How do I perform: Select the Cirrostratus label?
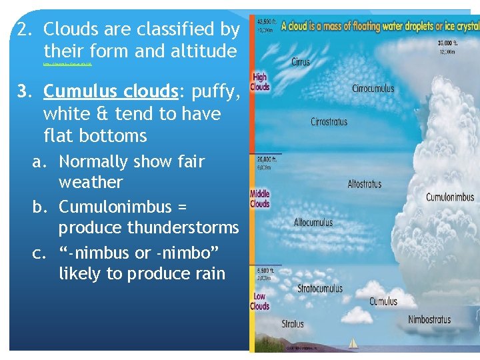click(338, 122)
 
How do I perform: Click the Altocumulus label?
click(313, 221)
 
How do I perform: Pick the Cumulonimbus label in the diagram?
click(450, 197)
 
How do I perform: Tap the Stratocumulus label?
click(321, 288)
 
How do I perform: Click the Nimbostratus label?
click(429, 319)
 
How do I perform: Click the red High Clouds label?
click(259, 82)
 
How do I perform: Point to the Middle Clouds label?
click(259, 199)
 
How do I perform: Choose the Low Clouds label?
click(259, 301)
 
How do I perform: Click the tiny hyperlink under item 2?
click(67, 65)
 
